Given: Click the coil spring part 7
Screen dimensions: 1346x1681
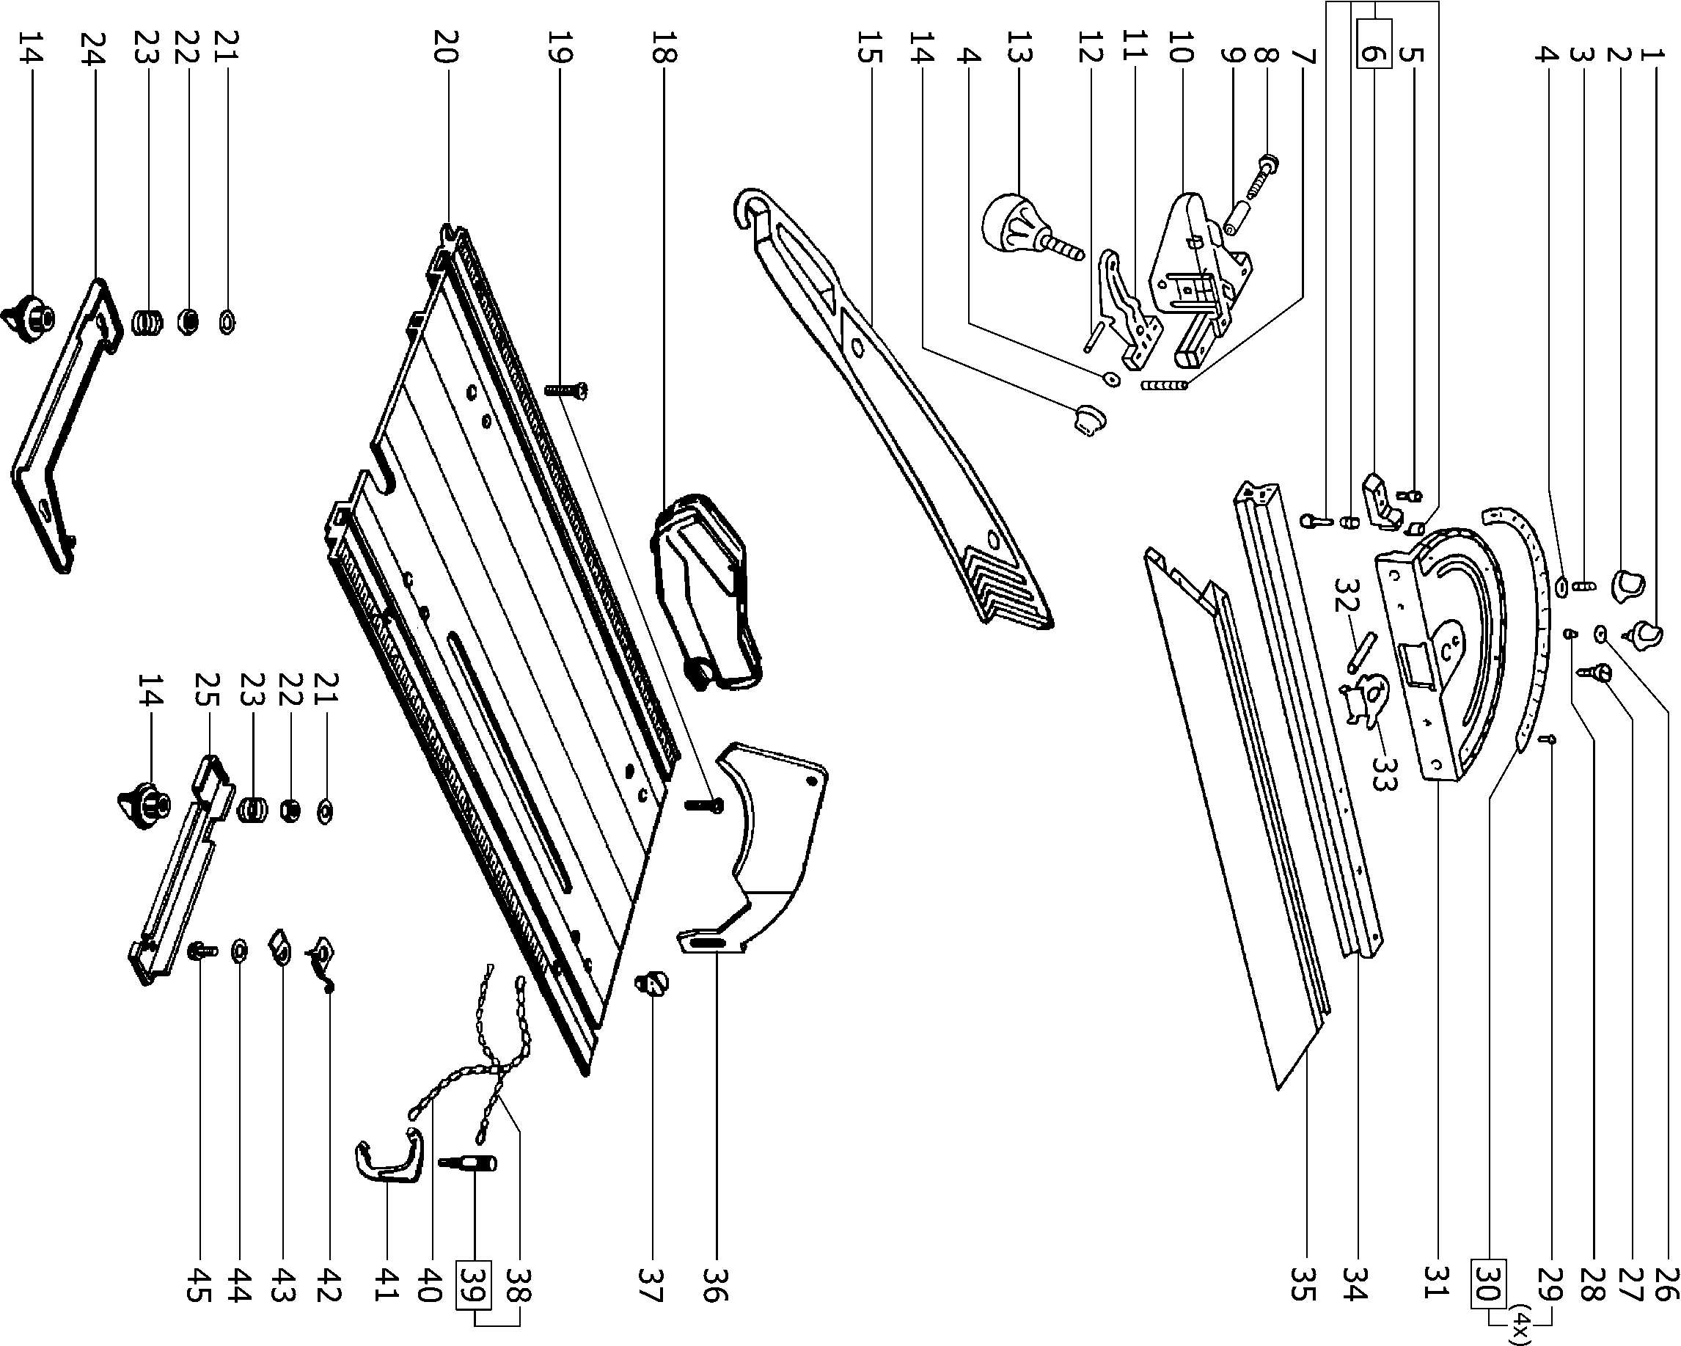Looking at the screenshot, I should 1163,384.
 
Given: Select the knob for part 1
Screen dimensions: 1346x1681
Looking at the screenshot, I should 1645,633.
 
